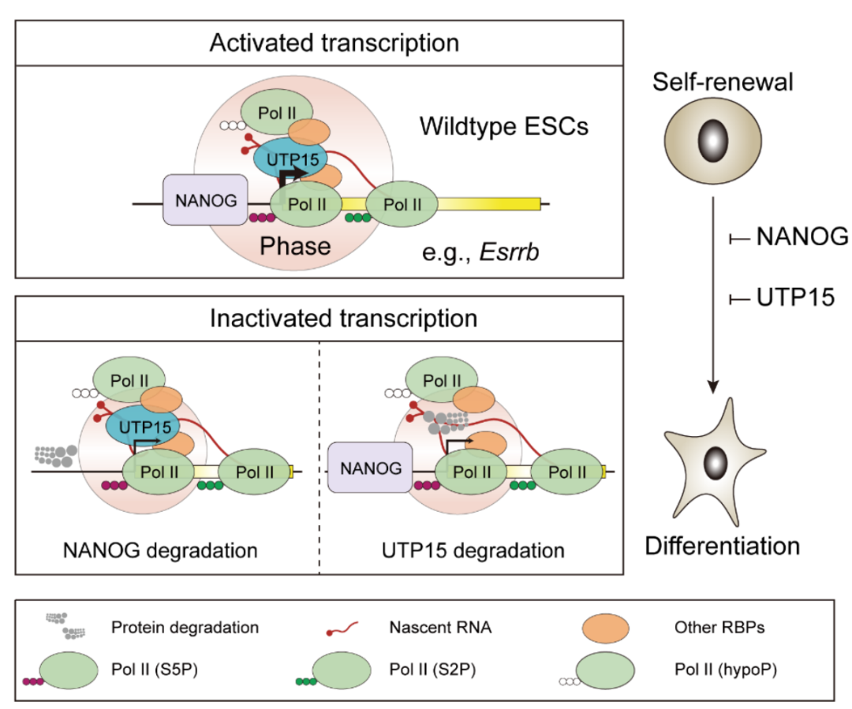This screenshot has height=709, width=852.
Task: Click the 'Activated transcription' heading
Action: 334,42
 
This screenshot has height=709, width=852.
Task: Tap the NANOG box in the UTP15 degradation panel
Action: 371,468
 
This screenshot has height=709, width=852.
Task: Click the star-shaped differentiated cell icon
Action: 715,463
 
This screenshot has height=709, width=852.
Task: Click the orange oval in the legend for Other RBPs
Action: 606,629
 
